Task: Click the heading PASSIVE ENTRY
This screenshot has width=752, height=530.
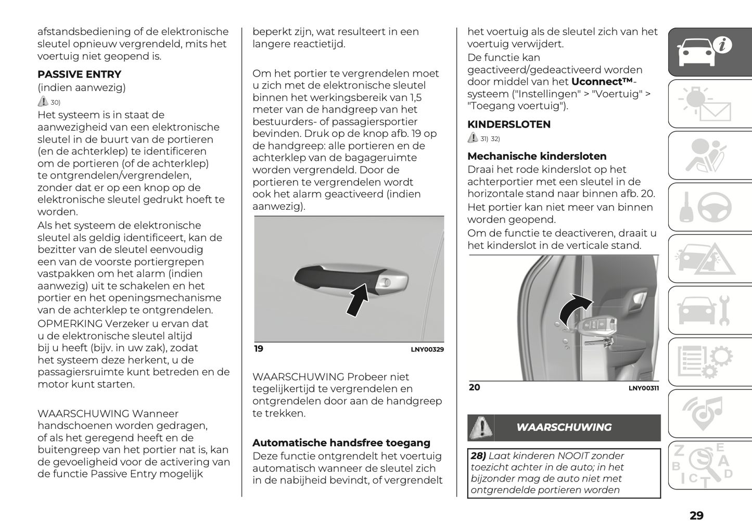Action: [x=79, y=74]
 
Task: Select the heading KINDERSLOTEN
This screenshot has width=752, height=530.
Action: [x=508, y=124]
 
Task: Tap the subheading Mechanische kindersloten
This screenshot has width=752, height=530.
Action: [x=537, y=156]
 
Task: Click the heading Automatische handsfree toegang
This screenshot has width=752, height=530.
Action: [x=341, y=443]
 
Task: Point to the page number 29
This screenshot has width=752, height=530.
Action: [x=696, y=515]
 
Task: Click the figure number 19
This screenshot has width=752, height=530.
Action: [x=259, y=349]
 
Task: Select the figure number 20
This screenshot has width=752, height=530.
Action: [x=474, y=387]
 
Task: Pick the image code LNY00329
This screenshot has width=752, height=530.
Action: [x=427, y=350]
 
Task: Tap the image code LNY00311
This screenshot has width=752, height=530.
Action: [x=643, y=388]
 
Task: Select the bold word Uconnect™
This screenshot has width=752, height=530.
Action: [x=602, y=82]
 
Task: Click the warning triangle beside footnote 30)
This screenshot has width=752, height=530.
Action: [x=43, y=102]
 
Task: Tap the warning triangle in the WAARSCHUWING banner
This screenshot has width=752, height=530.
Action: [x=481, y=427]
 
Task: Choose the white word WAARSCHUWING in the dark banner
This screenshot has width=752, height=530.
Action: [x=564, y=427]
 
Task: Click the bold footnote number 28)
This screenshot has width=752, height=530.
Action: [x=478, y=456]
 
